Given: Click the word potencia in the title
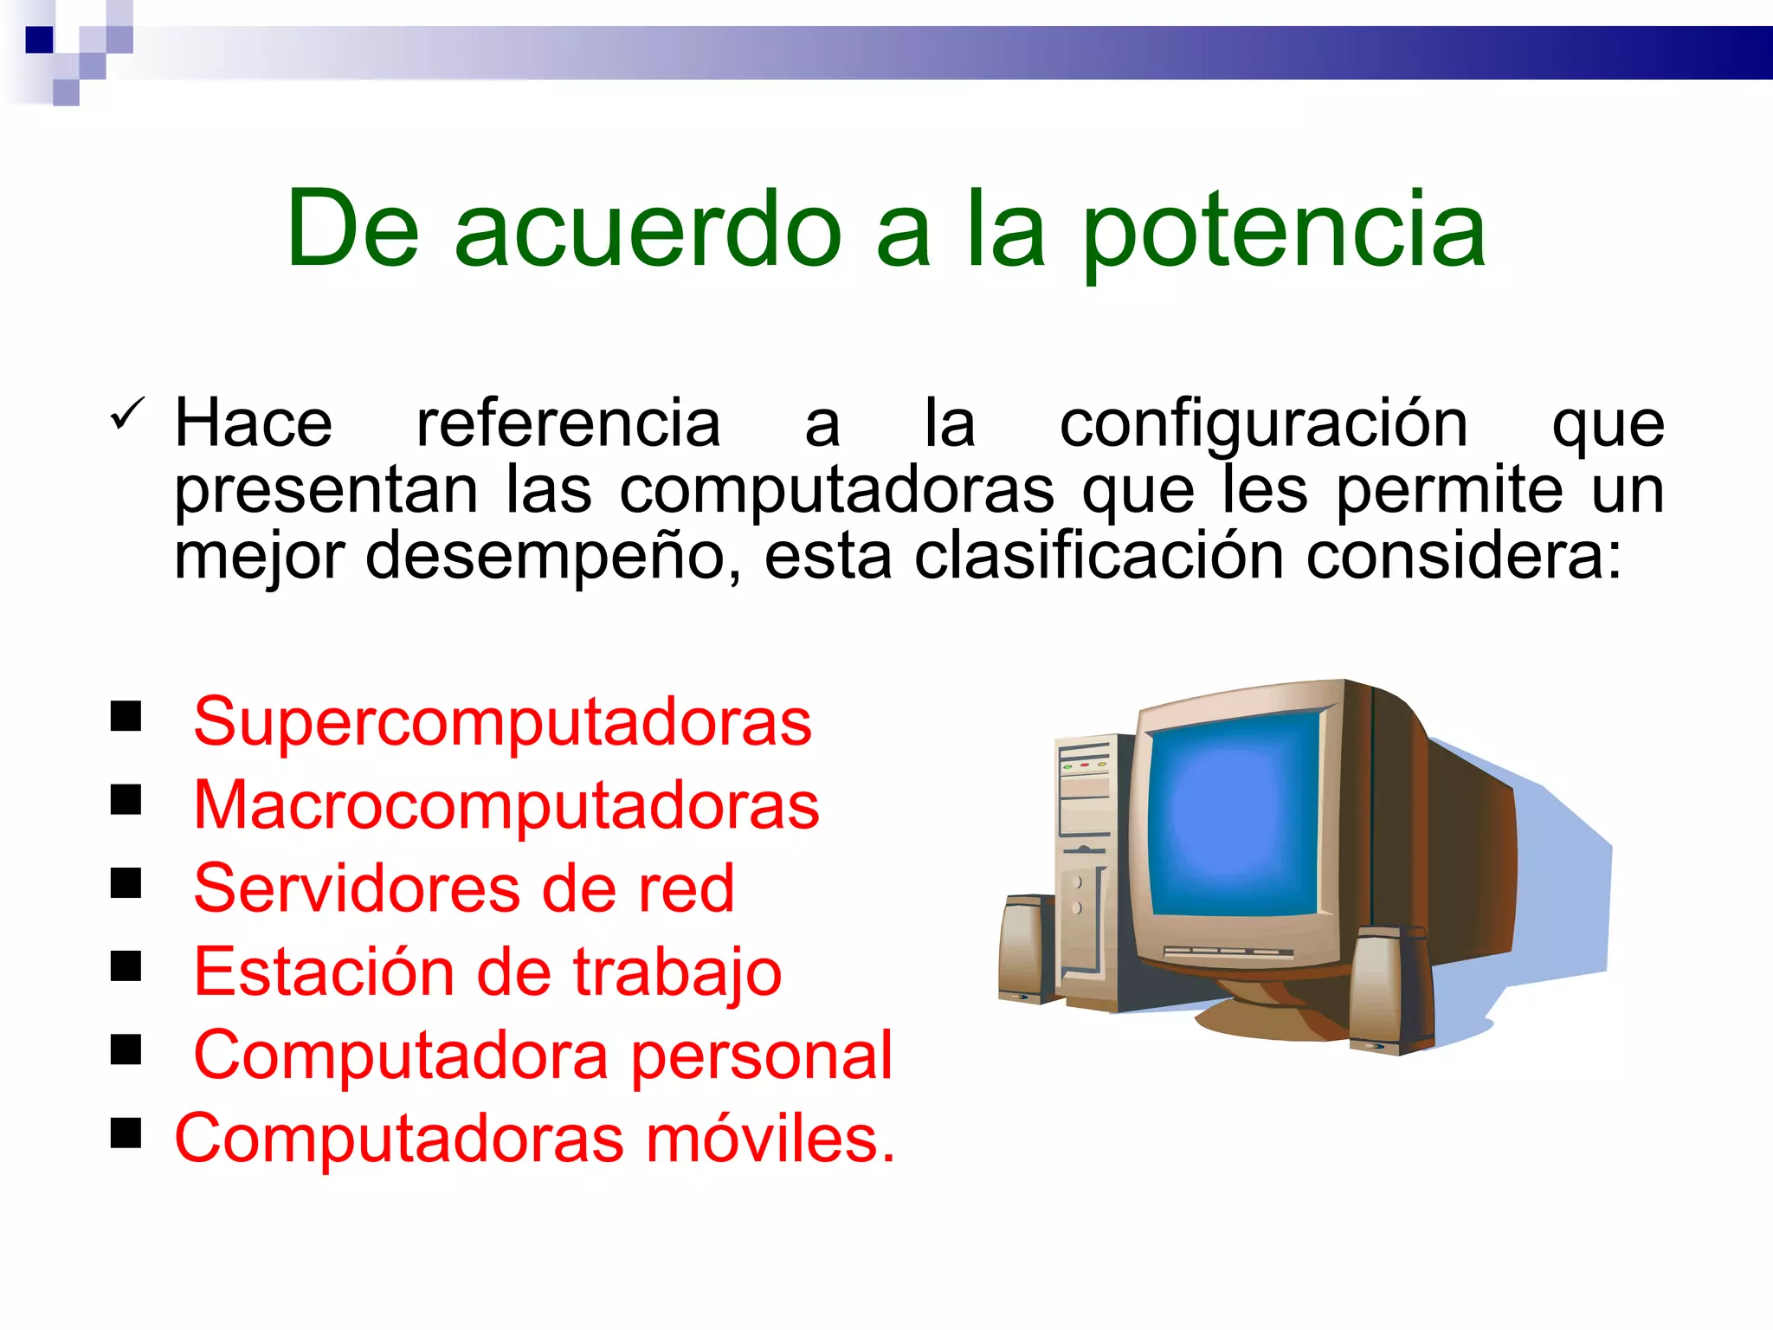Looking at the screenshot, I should [1284, 232].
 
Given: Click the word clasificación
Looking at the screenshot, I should [1098, 557].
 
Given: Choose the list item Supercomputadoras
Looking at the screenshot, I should [502, 722].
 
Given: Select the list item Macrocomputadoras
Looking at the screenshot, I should [506, 805].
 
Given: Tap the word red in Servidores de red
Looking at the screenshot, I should [686, 888].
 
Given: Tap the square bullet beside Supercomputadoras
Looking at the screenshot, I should [126, 717].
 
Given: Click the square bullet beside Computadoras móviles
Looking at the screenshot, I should [126, 1133].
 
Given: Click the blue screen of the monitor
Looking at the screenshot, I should [1234, 814].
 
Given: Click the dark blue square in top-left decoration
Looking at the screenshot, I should [40, 40].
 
